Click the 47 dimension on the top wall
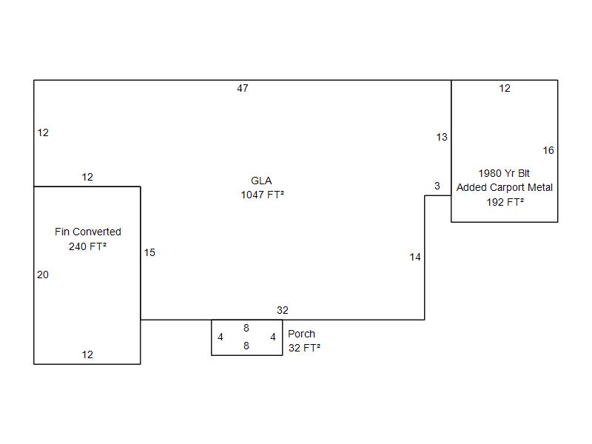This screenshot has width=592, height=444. point(243,89)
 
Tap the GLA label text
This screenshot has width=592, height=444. point(261,181)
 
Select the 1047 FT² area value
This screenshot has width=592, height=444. point(263,195)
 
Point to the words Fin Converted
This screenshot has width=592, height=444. point(88,232)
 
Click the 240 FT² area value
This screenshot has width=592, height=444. point(88,246)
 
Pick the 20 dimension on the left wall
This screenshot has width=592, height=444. point(43,275)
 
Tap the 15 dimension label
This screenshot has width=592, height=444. point(149,252)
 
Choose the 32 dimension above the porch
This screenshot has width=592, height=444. point(283,310)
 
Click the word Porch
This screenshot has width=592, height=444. point(302,334)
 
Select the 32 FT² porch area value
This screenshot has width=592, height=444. point(304,348)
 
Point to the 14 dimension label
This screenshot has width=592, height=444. point(415,257)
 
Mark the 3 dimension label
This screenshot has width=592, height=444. point(437,186)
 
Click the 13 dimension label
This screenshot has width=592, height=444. point(442,137)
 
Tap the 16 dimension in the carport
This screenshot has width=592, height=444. point(548,150)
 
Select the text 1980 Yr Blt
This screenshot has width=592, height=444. point(504,173)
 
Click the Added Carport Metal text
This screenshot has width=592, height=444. point(505,187)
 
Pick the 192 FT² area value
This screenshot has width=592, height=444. point(505,201)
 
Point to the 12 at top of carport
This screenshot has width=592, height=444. point(505,89)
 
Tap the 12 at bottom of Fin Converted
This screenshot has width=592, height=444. point(87,354)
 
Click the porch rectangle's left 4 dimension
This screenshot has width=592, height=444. point(221,337)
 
